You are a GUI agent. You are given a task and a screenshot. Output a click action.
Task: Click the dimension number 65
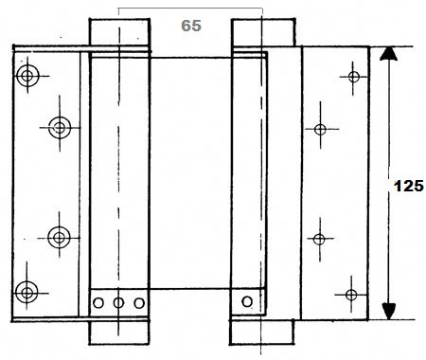point(191,26)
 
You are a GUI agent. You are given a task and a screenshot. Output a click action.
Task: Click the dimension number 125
point(409,186)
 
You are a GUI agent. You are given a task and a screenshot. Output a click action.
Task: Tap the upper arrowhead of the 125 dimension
point(388,53)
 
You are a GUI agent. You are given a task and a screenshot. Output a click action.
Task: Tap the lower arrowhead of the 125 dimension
point(389,311)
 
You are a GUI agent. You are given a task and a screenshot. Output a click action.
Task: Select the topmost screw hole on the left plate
point(27,76)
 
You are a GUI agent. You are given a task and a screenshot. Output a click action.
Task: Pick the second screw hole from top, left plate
point(60,128)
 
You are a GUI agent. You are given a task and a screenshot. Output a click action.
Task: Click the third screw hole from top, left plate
point(59,238)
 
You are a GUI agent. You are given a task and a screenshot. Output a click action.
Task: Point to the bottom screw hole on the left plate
point(27,293)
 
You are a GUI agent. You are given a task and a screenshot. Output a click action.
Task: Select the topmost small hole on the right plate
point(354,77)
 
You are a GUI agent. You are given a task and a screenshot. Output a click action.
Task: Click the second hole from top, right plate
point(320,130)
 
